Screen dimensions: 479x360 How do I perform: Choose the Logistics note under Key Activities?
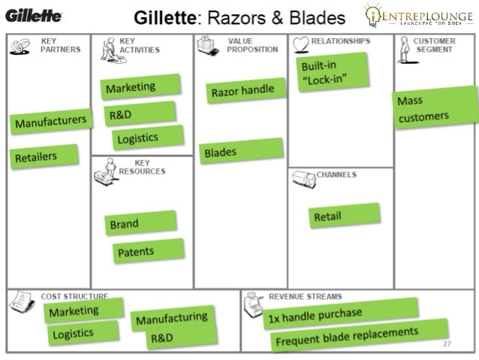[146, 138]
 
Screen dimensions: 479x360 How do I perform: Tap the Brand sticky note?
[140, 223]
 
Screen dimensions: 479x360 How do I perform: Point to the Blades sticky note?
[241, 152]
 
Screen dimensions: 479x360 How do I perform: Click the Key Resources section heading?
[142, 167]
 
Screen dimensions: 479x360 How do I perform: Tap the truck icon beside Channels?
[303, 178]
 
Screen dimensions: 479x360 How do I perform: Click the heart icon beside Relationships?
[300, 44]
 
